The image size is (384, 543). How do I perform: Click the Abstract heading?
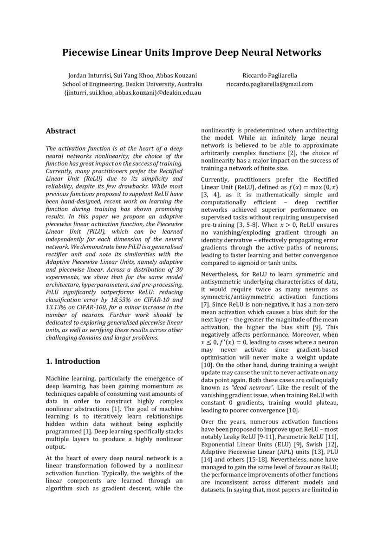coord(61,131)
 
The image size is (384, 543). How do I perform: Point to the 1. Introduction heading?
coord(73,361)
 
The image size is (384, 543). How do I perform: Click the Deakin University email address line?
coord(132,93)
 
